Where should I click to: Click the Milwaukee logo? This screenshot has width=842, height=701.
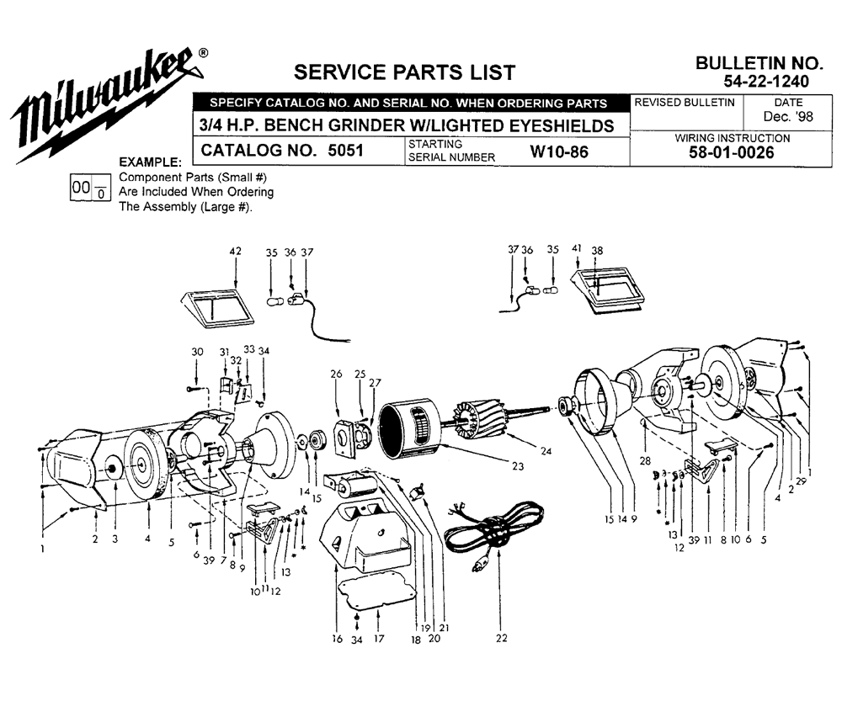[x=108, y=104]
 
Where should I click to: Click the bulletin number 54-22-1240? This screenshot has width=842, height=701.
[x=766, y=82]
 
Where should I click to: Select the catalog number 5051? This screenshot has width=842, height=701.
[x=345, y=151]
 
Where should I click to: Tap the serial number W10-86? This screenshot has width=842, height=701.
[x=559, y=152]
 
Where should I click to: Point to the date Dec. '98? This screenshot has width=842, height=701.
[x=788, y=116]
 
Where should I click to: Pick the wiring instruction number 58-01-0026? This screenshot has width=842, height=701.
[x=732, y=153]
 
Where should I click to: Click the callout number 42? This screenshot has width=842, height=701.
[x=235, y=252]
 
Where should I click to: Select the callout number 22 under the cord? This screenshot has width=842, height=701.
[x=501, y=638]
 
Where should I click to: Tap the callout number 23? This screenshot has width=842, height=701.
[x=518, y=466]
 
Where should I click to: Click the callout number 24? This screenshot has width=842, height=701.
[x=546, y=451]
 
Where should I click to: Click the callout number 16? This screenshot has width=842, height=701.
[x=337, y=639]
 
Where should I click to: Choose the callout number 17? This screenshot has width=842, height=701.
[x=379, y=639]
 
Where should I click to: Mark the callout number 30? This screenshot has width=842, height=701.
[x=197, y=352]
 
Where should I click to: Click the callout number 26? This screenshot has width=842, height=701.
[x=336, y=374]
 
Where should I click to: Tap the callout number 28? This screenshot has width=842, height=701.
[x=645, y=460]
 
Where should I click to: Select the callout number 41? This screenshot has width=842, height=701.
[x=577, y=248]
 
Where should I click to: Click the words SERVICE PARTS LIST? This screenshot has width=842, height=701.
[x=404, y=72]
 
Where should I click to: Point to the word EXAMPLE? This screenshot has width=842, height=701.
[x=151, y=162]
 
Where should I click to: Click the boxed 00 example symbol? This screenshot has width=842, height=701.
[x=90, y=188]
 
